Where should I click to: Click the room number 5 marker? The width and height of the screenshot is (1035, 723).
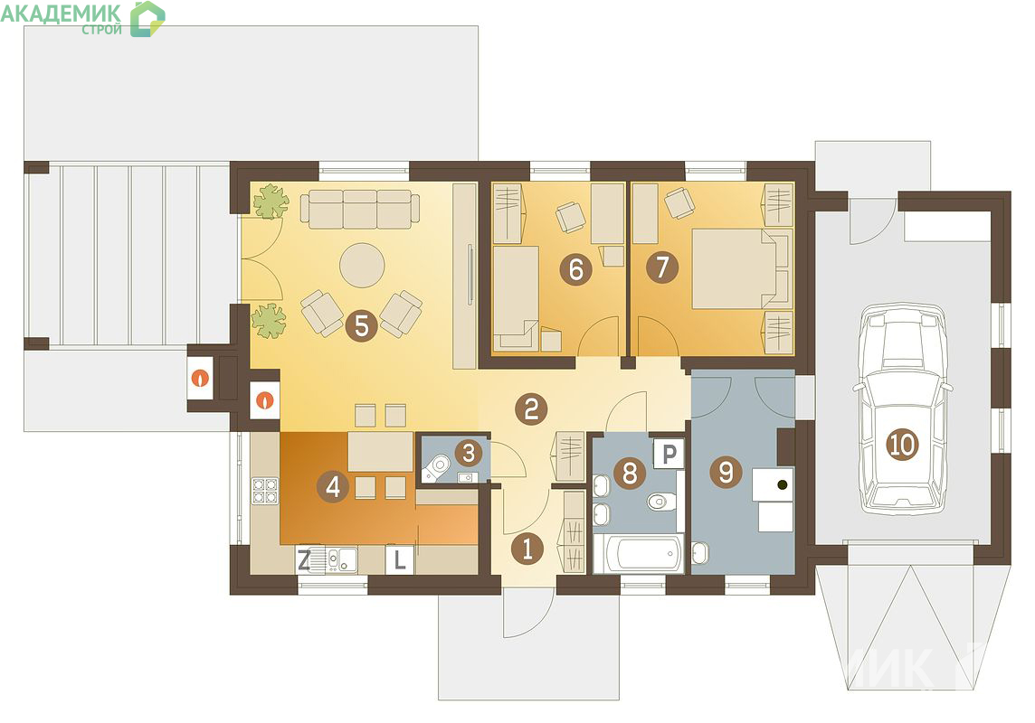(362, 325)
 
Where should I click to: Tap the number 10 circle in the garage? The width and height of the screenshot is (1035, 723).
(902, 445)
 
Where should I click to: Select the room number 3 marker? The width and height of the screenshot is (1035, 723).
(469, 453)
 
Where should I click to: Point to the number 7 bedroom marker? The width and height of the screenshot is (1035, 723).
(662, 267)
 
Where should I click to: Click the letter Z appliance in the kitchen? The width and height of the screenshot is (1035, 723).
(304, 560)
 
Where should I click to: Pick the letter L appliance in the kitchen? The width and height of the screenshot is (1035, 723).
(399, 560)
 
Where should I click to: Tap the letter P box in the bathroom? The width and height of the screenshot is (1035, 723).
(669, 454)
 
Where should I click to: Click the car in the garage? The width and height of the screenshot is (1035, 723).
(902, 408)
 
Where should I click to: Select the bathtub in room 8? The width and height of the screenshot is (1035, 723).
(638, 554)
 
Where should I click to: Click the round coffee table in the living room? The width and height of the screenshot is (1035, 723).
(362, 265)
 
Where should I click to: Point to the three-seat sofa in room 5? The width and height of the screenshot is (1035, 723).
(360, 209)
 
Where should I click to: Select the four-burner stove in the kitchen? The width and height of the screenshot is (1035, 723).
(265, 491)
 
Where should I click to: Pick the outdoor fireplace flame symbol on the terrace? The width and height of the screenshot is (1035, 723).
(200, 378)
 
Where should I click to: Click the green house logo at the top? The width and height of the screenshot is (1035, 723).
(147, 18)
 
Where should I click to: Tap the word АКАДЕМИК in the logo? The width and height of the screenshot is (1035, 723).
(61, 14)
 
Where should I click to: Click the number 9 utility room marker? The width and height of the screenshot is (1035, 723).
(726, 472)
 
